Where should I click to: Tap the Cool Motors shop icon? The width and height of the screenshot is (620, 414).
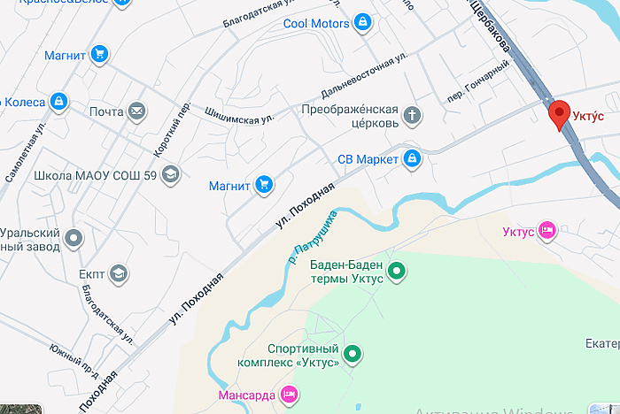(x=361, y=23)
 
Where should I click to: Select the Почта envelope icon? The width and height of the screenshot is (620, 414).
(x=136, y=111)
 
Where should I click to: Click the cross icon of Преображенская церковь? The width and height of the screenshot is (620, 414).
(x=412, y=115)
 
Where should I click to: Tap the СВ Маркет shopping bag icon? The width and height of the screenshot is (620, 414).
(x=411, y=159)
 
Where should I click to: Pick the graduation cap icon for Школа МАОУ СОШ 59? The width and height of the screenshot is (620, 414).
(x=171, y=175)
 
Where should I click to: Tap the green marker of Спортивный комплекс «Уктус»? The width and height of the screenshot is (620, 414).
(x=353, y=355)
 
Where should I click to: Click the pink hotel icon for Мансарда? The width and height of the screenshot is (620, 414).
(x=288, y=394)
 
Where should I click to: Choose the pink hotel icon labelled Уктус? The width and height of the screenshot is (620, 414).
(x=547, y=231)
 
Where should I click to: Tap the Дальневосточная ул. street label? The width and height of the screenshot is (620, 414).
(x=363, y=76)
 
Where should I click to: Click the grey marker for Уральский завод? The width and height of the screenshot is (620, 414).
(x=74, y=238)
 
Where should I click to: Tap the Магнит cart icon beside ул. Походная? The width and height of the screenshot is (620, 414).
(x=263, y=185)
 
